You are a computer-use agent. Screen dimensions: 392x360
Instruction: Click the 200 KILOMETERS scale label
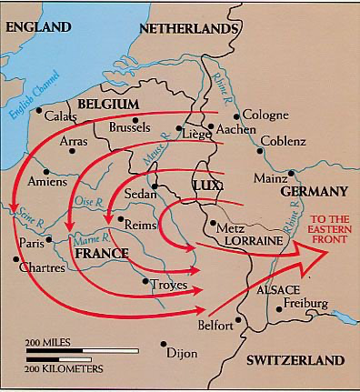64,368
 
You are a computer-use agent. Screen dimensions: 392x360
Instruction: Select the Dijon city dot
164,345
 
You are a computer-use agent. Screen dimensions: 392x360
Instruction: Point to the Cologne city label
266,116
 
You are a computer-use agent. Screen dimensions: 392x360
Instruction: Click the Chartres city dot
15,259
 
